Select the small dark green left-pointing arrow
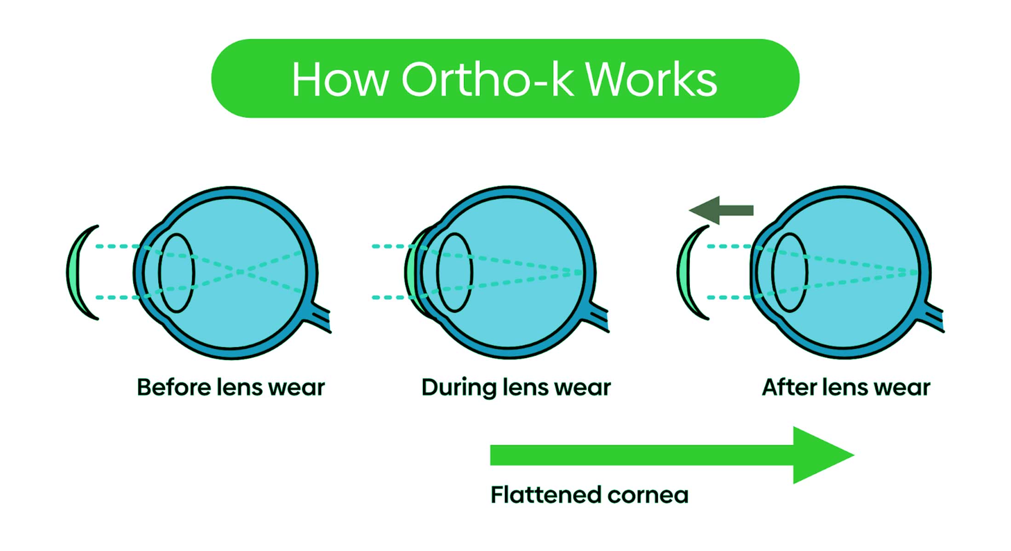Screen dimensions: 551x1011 point(721,211)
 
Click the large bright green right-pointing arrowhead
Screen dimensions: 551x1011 point(821,455)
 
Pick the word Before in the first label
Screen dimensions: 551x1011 point(174,387)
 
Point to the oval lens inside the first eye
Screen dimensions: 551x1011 point(177,273)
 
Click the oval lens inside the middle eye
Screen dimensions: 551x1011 point(454,273)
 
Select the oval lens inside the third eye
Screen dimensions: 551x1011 point(790,273)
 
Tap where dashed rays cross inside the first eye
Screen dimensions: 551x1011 point(240,272)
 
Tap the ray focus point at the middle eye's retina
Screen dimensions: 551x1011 point(580,272)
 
